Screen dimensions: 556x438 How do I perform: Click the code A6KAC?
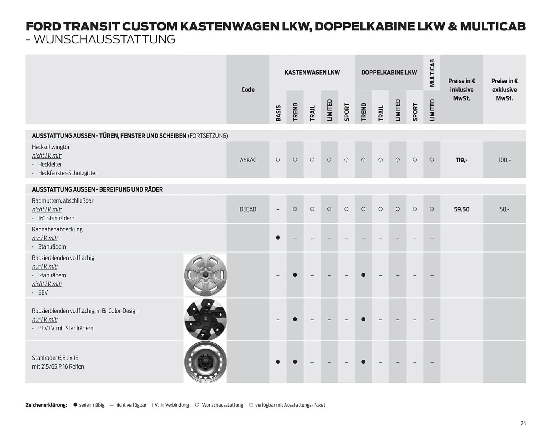coord(248,160)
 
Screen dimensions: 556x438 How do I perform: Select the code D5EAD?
coord(248,209)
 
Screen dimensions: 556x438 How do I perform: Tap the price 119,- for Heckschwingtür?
coord(462,160)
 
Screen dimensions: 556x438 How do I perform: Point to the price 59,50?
coord(462,209)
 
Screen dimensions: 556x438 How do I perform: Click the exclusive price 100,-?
coord(504,160)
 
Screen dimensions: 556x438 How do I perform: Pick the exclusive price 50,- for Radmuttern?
coord(504,209)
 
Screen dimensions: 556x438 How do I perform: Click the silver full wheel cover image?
coord(205,275)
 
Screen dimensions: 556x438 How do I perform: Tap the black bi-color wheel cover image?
coord(205,319)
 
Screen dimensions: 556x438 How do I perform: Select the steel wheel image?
coord(205,362)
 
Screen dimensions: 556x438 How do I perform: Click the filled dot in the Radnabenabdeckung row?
coord(278,238)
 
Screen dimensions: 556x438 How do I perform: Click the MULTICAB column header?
coord(432,73)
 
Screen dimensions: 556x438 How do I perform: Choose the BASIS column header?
coord(278,113)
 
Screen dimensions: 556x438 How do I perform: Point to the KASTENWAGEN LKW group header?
coord(312,72)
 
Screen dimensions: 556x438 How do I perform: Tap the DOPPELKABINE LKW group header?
coord(389,72)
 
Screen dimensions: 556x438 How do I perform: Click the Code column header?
coord(248,90)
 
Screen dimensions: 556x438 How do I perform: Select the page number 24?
coord(523,423)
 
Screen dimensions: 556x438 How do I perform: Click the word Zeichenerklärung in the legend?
coord(46,405)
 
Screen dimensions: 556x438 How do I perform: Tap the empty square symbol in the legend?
coord(251,405)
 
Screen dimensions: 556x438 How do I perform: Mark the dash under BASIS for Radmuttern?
coord(278,209)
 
